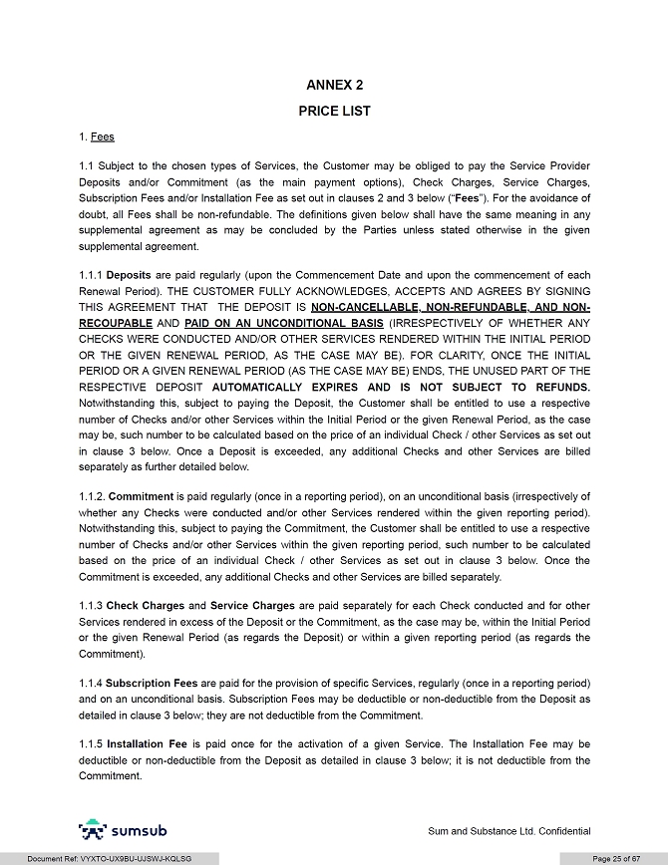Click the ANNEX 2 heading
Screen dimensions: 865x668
(334, 86)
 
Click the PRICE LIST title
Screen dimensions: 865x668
(334, 112)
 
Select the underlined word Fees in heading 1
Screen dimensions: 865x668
(102, 137)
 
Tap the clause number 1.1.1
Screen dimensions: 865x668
(91, 275)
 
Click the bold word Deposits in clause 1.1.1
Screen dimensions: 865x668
(129, 275)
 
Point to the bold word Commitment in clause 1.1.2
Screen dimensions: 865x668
(141, 495)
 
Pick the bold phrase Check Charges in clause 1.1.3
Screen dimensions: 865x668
(145, 605)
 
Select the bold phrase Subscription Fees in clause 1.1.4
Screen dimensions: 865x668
(152, 683)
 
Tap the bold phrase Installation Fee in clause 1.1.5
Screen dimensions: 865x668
(148, 744)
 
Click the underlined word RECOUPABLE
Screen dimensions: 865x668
(115, 323)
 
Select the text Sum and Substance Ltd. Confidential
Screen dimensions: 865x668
(508, 831)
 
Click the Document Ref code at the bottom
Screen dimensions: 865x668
(109, 859)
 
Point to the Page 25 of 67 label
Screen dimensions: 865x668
(616, 859)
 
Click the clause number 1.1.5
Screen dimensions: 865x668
(91, 744)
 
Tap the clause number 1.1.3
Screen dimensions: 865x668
(91, 605)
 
